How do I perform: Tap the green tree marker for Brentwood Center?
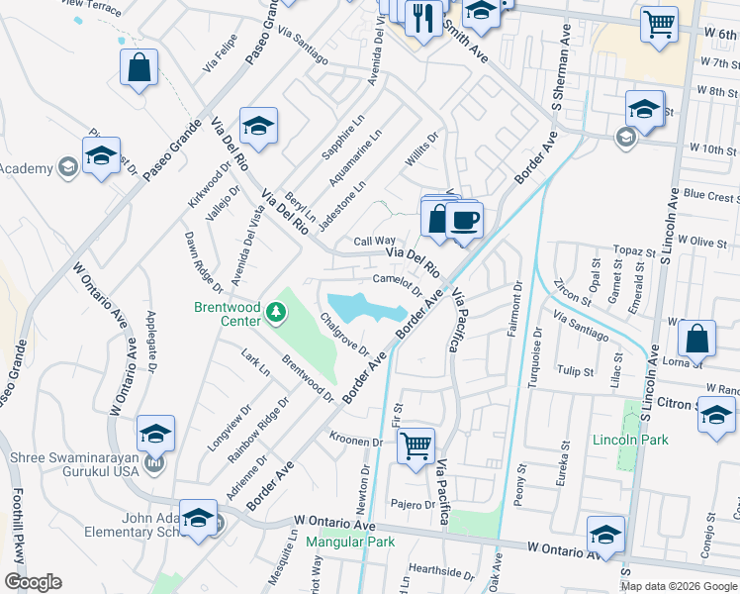pyautogui.click(x=276, y=314)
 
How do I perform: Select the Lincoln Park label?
pyautogui.click(x=630, y=440)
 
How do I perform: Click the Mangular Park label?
pyautogui.click(x=350, y=542)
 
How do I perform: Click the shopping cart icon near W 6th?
pyautogui.click(x=658, y=24)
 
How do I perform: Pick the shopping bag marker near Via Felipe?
pyautogui.click(x=139, y=68)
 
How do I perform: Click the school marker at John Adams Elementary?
pyautogui.click(x=198, y=520)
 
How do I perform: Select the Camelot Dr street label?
pyautogui.click(x=397, y=282)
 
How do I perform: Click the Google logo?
pyautogui.click(x=33, y=582)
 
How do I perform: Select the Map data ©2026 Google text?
pyautogui.click(x=678, y=586)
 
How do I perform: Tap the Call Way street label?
pyautogui.click(x=375, y=241)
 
